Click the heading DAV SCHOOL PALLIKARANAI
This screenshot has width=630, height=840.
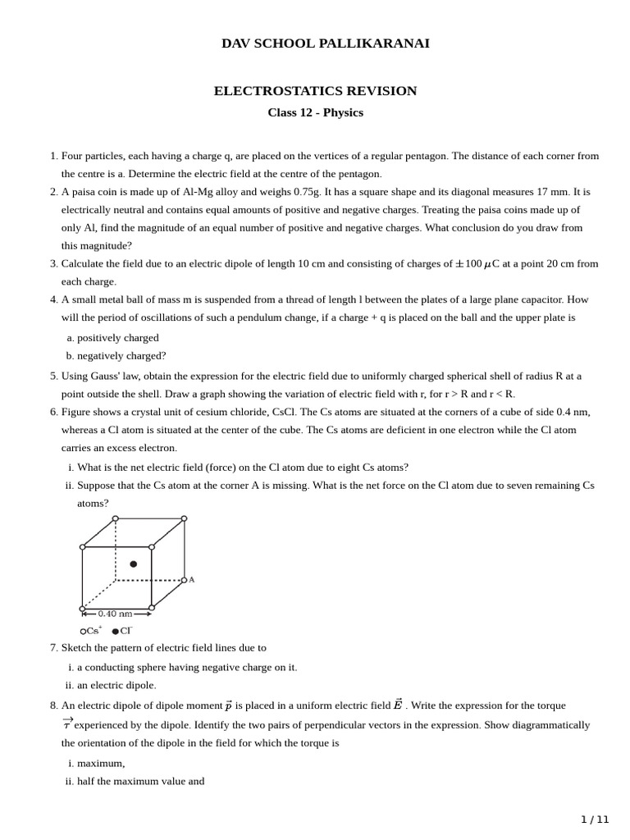pos(325,43)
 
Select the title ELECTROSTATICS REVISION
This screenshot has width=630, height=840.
pos(315,91)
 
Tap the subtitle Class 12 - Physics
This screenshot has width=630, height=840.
pos(315,112)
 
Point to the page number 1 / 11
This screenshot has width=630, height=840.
pos(595,819)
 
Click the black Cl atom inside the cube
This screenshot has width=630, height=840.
pos(134,564)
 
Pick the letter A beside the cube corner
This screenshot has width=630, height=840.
pos(192,580)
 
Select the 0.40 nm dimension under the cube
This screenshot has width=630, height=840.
pos(115,614)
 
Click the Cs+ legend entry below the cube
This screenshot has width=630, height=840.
pos(92,631)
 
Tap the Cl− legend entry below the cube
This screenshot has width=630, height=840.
pos(122,631)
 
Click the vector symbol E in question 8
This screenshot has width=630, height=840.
pos(398,705)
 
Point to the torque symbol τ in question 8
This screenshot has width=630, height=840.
pos(67,724)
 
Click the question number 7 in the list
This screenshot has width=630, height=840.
pos(53,648)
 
